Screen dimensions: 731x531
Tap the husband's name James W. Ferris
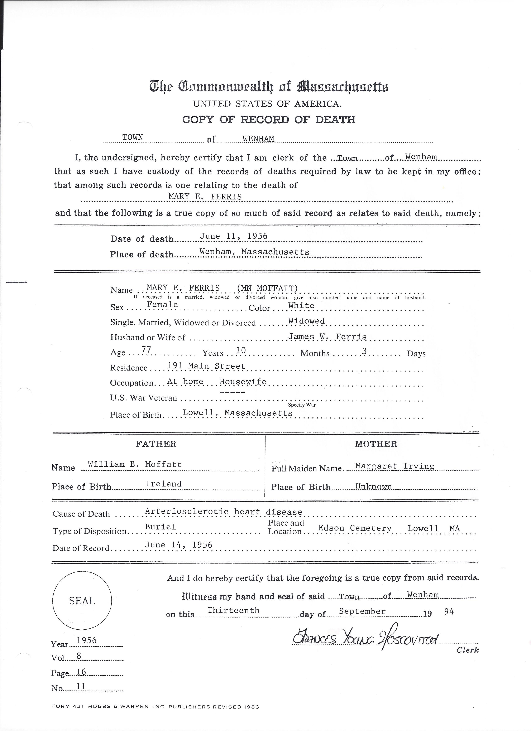pyautogui.click(x=327, y=337)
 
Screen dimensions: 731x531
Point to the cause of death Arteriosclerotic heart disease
pyautogui.click(x=223, y=512)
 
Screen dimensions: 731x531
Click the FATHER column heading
pyautogui.click(x=156, y=444)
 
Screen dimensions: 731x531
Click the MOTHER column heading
pyautogui.click(x=376, y=444)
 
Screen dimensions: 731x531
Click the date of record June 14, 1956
pyautogui.click(x=178, y=545)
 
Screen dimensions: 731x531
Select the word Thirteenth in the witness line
pyautogui.click(x=233, y=610)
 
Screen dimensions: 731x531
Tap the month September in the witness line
pyautogui.click(x=362, y=611)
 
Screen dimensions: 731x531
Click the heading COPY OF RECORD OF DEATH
pyautogui.click(x=269, y=120)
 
